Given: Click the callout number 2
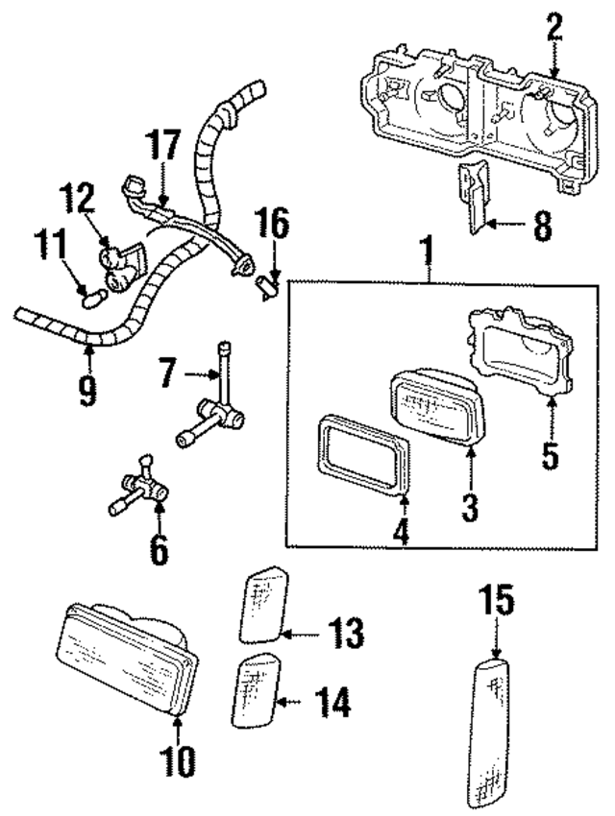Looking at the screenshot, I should coord(553,29).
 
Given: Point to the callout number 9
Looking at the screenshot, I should coord(87,390).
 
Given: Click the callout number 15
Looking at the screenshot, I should coord(497,603).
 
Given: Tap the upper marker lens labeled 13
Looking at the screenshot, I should coord(261,605).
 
